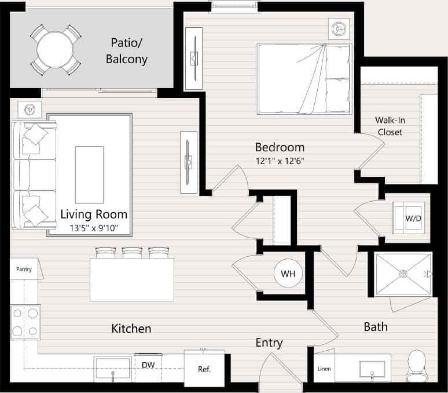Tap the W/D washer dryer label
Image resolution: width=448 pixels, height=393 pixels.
click(412, 219)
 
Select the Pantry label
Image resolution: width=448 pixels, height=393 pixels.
click(24, 269)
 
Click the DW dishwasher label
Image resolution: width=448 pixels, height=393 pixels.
click(148, 365)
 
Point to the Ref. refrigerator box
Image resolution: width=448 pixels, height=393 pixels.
click(204, 369)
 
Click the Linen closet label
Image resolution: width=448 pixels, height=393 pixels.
click(324, 369)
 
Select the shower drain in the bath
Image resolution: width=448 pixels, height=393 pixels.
click(403, 274)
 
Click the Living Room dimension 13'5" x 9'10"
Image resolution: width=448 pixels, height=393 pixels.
click(93, 228)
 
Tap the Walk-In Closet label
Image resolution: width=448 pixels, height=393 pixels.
click(390, 126)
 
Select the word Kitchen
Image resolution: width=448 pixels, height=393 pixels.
click(131, 329)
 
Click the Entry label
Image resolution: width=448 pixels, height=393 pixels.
click(269, 343)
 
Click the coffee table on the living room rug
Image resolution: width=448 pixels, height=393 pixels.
click(89, 174)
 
